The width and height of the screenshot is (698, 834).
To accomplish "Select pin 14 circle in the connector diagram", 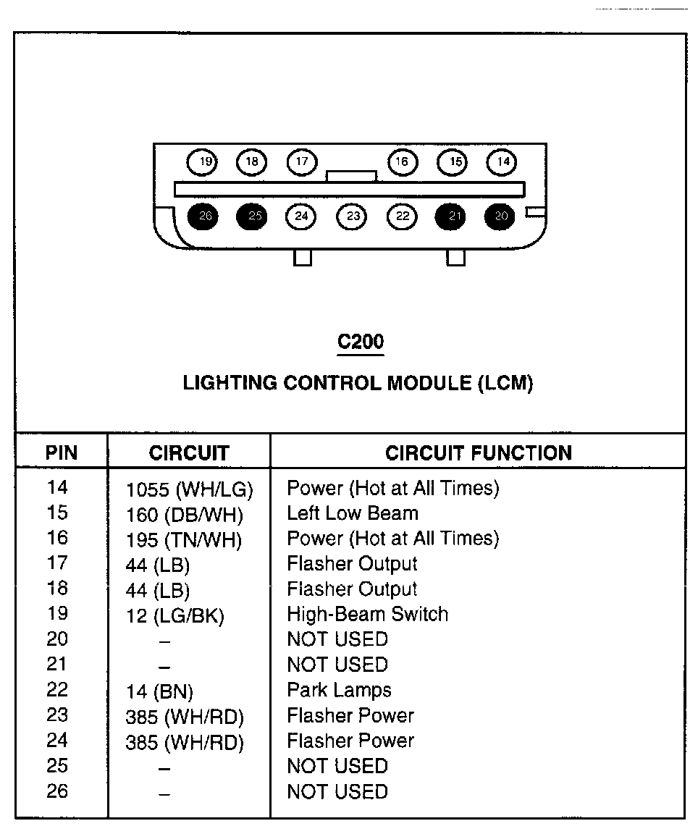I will pyautogui.click(x=503, y=162).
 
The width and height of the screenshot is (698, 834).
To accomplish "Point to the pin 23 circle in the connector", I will pyautogui.click(x=352, y=216).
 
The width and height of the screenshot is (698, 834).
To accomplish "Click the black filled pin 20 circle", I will pyautogui.click(x=501, y=216).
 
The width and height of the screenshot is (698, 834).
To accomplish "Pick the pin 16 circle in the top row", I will pyautogui.click(x=403, y=162).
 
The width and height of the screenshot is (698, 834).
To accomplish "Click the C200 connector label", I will pyautogui.click(x=361, y=342).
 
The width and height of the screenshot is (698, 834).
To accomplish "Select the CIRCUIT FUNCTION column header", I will pyautogui.click(x=478, y=453).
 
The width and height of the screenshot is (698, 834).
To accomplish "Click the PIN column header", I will pyautogui.click(x=61, y=453).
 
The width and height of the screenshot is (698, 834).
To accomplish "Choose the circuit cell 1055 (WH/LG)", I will pyautogui.click(x=189, y=490).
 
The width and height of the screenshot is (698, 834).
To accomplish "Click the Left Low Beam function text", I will pyautogui.click(x=353, y=513).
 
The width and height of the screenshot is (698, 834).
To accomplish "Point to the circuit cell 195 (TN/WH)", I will pyautogui.click(x=184, y=540).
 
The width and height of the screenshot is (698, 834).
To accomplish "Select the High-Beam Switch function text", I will pyautogui.click(x=368, y=615).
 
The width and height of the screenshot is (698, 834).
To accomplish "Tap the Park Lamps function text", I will pyautogui.click(x=339, y=690).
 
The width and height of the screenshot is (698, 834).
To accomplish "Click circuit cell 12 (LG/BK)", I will pyautogui.click(x=175, y=616).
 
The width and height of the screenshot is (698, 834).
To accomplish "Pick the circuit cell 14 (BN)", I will pyautogui.click(x=159, y=691).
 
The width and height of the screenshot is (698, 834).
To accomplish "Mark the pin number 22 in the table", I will pyautogui.click(x=57, y=689).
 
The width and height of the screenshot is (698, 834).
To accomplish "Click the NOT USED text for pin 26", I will pyautogui.click(x=337, y=791).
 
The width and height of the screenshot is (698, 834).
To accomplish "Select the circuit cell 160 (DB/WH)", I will pyautogui.click(x=185, y=515).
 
